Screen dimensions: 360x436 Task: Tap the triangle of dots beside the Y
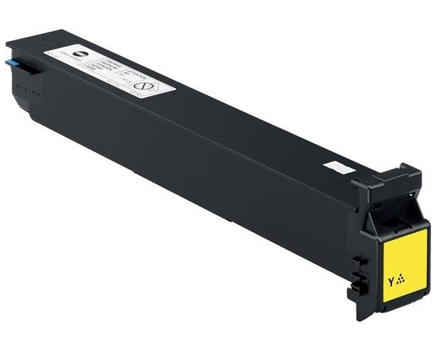click(x=401, y=279)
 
